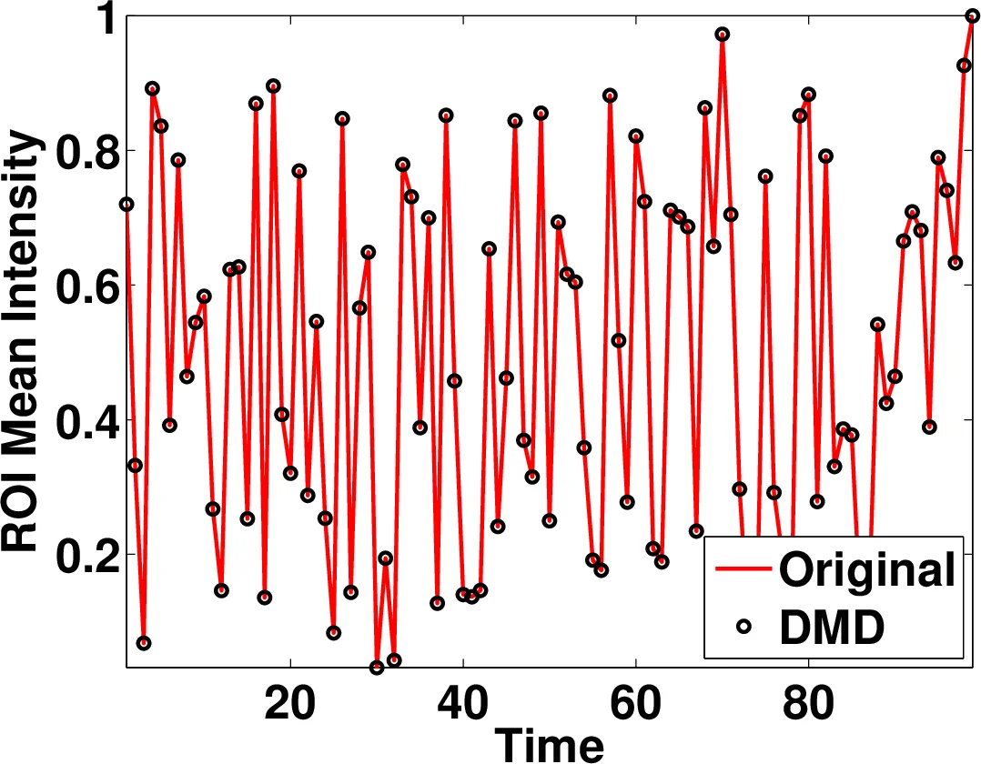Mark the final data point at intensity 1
click(972, 15)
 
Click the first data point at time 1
click(126, 205)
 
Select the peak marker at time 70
click(722, 35)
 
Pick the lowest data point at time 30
click(377, 668)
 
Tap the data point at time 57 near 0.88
click(610, 95)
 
